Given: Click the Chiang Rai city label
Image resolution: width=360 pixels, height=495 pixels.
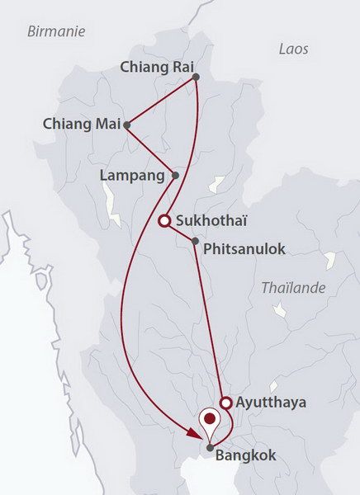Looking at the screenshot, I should [x=154, y=66].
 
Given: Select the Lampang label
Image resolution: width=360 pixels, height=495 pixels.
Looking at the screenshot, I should [x=132, y=175].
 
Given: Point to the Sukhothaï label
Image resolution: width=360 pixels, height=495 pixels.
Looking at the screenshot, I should [x=213, y=220].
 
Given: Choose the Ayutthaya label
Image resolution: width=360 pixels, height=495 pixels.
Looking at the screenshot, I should [x=271, y=403].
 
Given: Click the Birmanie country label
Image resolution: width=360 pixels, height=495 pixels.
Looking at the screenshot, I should [x=57, y=31].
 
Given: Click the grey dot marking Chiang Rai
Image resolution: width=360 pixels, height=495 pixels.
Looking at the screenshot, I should [x=196, y=78].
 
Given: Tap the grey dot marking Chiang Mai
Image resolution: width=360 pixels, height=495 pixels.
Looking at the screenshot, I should [x=126, y=125].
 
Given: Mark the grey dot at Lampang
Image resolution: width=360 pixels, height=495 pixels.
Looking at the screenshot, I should [x=174, y=175].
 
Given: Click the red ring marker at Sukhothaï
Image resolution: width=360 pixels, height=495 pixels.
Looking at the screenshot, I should [x=164, y=220].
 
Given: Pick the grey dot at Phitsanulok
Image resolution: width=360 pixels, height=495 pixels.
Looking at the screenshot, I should [x=194, y=242].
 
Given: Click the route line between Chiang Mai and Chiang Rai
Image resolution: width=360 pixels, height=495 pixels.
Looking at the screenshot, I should [x=161, y=101].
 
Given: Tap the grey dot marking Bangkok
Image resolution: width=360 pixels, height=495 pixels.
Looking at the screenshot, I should [x=211, y=447].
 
